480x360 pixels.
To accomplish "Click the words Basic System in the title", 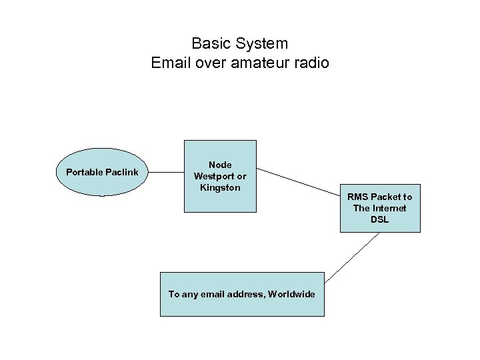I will point(239,44).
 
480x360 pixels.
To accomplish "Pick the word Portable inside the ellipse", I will point(85,173).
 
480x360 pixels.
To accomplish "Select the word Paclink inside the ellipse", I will point(122,173).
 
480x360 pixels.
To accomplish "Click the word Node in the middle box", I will point(220,165).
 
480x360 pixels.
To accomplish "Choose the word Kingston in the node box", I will point(220,188).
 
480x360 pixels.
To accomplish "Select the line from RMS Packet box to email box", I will point(352,258).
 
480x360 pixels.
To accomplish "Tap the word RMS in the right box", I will point(357,197).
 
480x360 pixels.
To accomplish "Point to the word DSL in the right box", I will point(379,219).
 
